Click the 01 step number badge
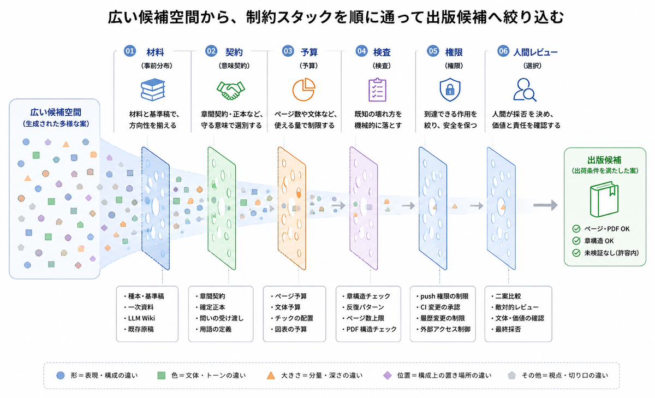pyautogui.click(x=129, y=51)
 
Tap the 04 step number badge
pyautogui.click(x=361, y=51)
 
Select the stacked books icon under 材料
pyautogui.click(x=153, y=90)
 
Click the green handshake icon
pyautogui.click(x=231, y=91)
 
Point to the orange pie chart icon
pyautogui.click(x=304, y=90)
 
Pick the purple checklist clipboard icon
pyautogui.click(x=378, y=90)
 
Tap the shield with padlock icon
pyautogui.click(x=450, y=90)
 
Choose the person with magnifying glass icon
pyautogui.click(x=525, y=90)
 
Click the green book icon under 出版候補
pyautogui.click(x=604, y=199)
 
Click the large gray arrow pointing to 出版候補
pyautogui.click(x=545, y=205)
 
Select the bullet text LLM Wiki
pyautogui.click(x=141, y=318)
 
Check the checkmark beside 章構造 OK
pyautogui.click(x=576, y=241)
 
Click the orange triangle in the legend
pyautogui.click(x=271, y=376)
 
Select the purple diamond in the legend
pyautogui.click(x=388, y=376)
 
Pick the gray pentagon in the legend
pyautogui.click(x=511, y=376)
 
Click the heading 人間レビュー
pyautogui.click(x=535, y=52)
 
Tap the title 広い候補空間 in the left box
pyautogui.click(x=56, y=112)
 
